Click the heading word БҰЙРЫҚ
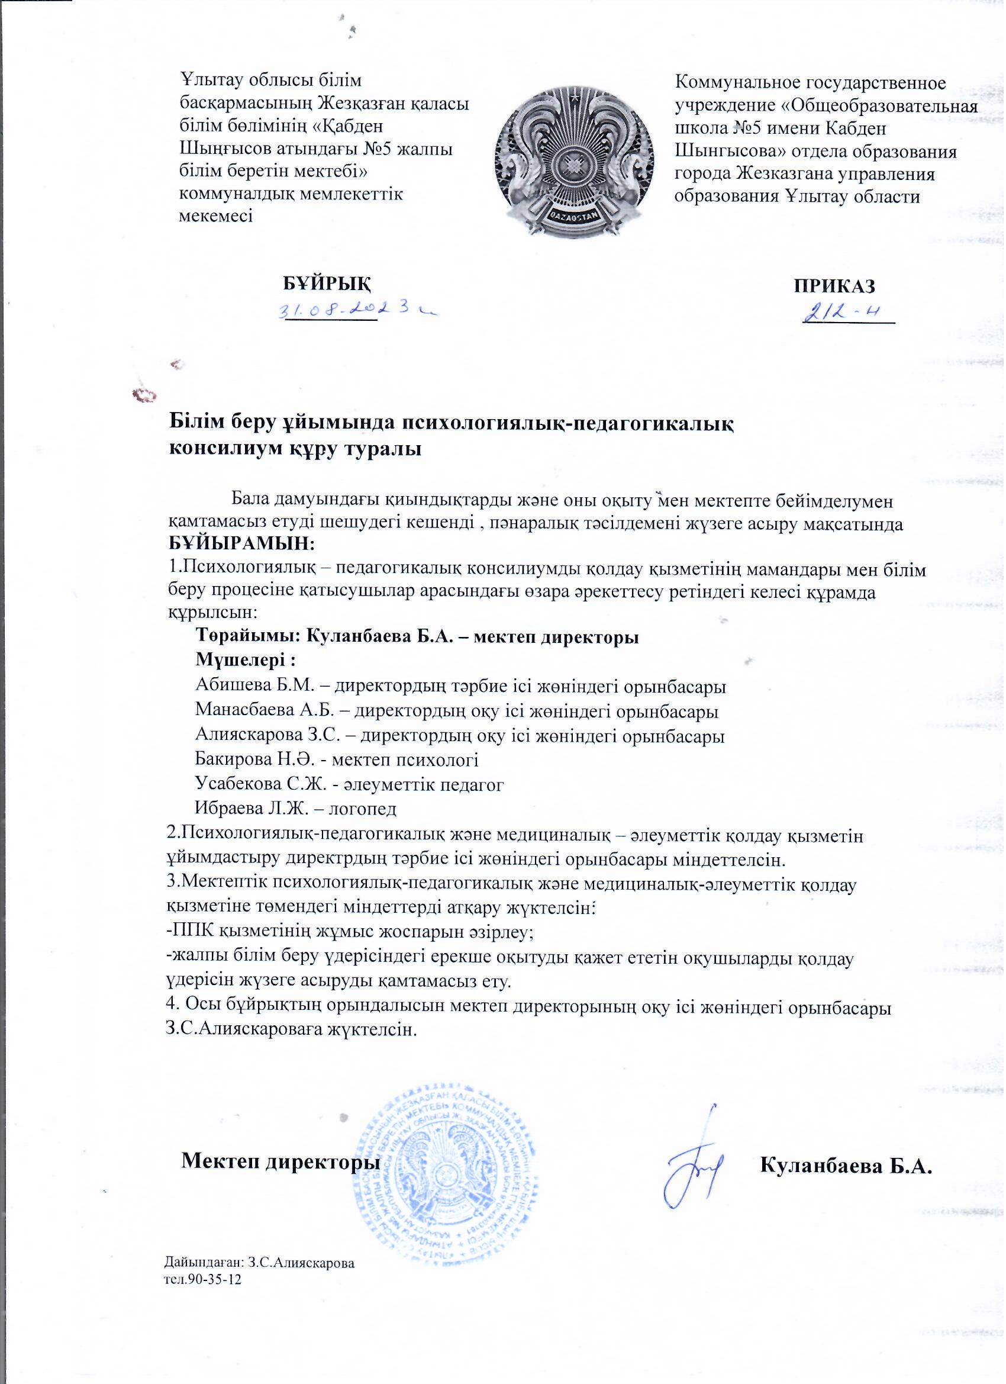327,284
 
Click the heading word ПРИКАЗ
834,285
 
